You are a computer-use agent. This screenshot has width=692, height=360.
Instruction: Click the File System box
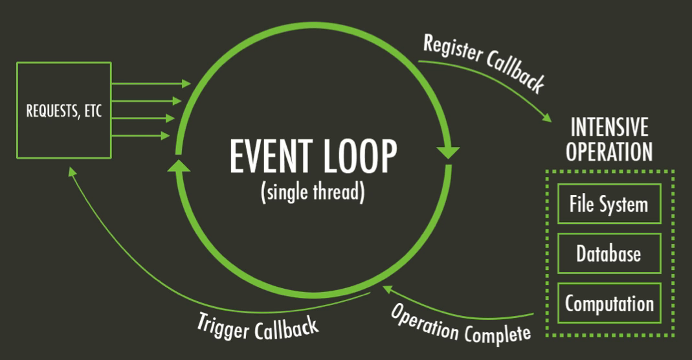[608, 204]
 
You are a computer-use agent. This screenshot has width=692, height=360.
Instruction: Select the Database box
[608, 253]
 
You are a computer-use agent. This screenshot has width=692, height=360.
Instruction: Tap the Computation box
[608, 303]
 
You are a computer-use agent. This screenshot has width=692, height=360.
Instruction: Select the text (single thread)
[312, 194]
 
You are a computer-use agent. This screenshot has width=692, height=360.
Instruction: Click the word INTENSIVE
[609, 128]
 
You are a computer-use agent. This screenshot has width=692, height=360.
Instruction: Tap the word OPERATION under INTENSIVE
[609, 152]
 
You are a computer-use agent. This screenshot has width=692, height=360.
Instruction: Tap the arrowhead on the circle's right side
[447, 154]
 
